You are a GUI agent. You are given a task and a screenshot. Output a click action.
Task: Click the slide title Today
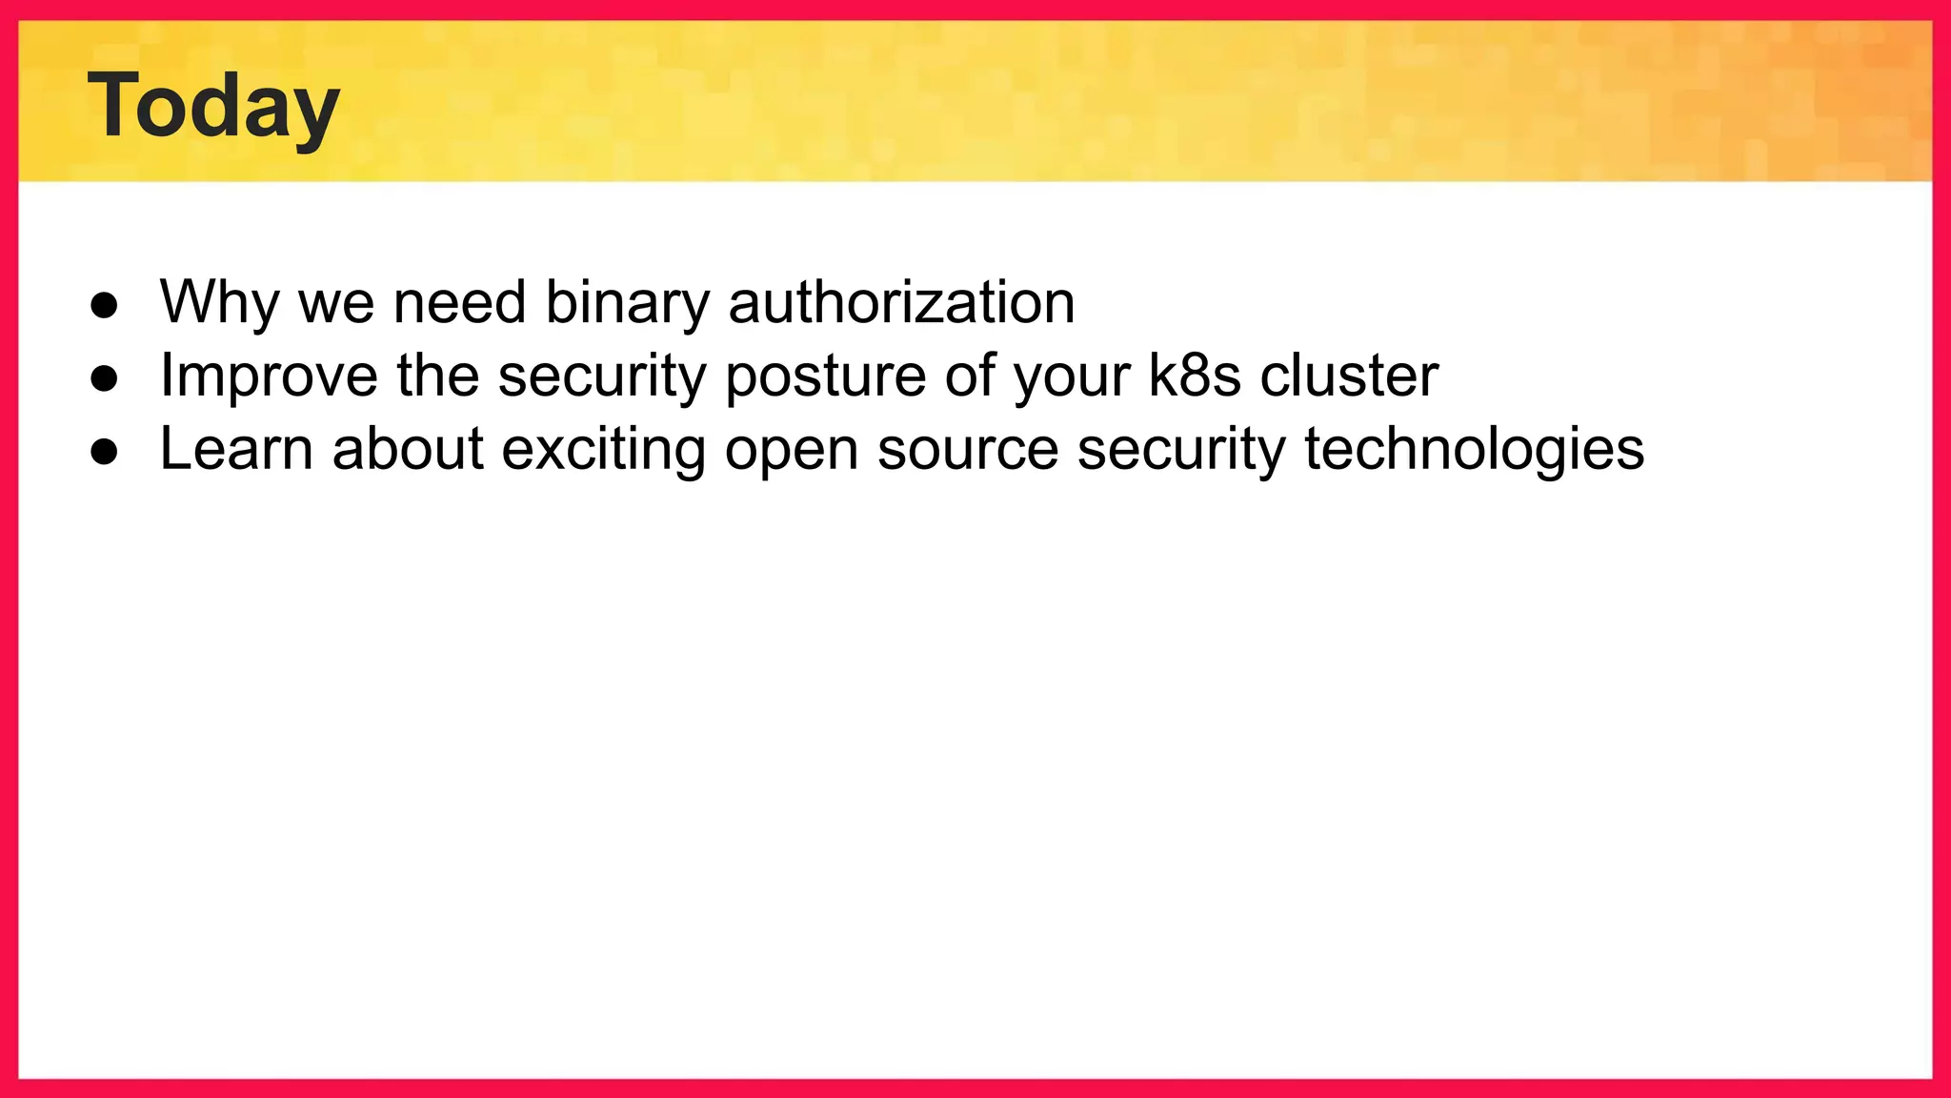point(213,107)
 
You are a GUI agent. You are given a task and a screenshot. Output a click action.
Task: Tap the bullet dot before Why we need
point(104,305)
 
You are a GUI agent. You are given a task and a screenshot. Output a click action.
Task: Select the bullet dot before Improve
point(104,378)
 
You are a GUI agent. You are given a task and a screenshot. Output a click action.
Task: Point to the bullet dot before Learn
point(104,452)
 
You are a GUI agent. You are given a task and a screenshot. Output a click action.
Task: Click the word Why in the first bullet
point(219,303)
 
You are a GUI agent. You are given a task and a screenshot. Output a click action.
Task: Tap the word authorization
point(901,303)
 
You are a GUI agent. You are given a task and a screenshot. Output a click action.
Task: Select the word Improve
point(269,376)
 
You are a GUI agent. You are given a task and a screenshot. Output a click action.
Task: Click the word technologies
point(1474,450)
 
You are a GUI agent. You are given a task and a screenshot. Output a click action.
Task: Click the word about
point(408,449)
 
